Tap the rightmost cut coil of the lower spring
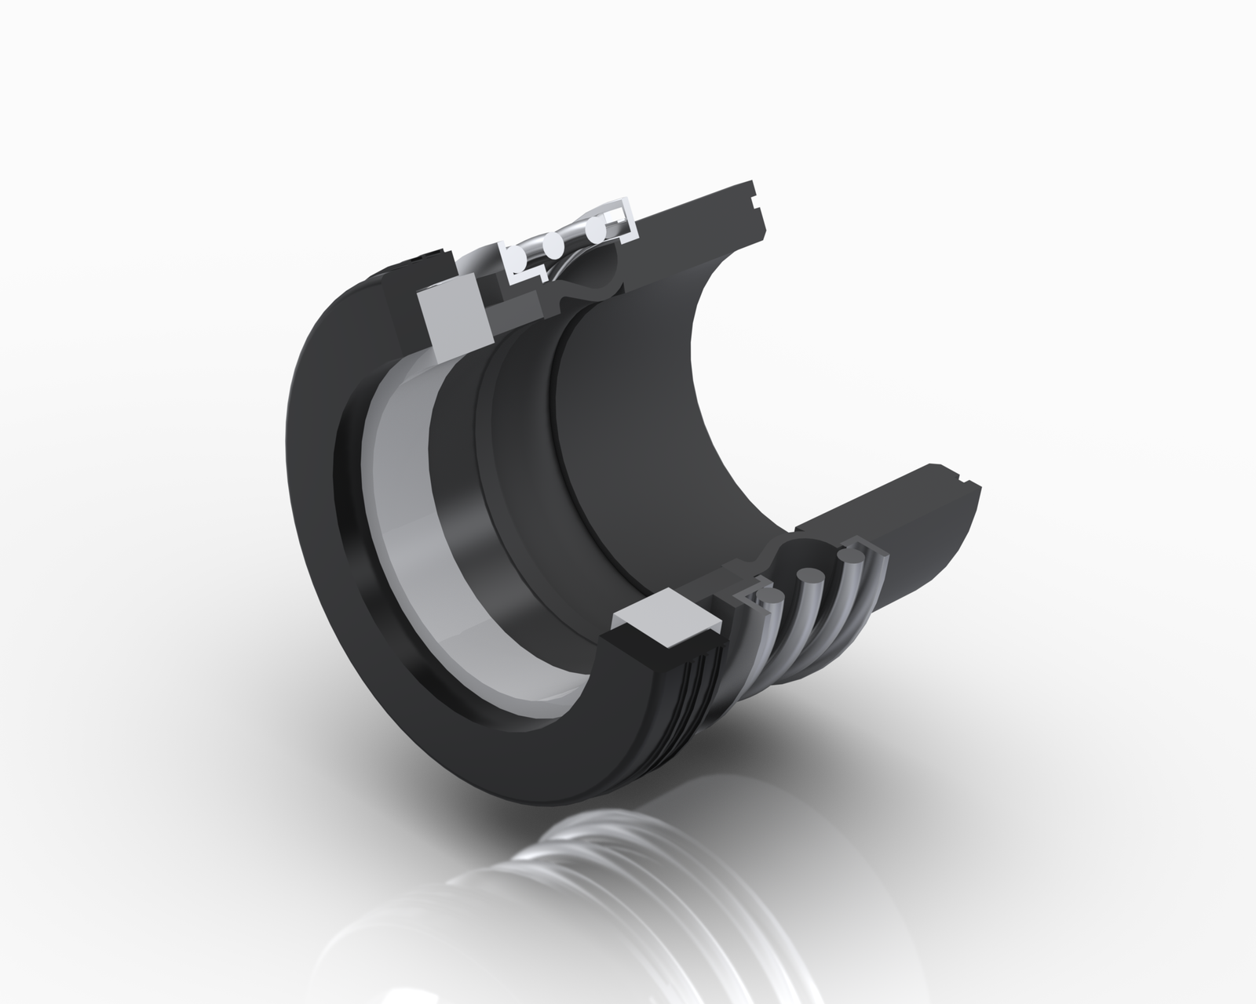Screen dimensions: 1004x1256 (849, 558)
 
